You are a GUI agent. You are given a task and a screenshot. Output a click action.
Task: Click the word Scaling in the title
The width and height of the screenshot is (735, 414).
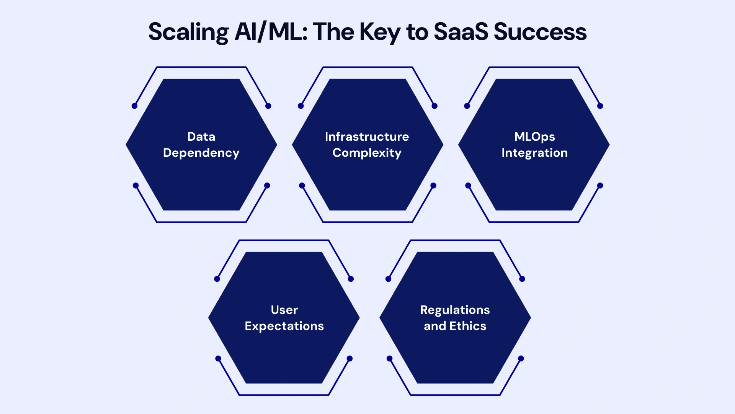pyautogui.click(x=188, y=32)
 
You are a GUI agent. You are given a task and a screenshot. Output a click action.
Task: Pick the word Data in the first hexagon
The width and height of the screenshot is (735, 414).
pyautogui.click(x=201, y=136)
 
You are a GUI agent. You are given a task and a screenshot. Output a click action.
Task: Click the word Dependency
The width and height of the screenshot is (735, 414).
pyautogui.click(x=201, y=153)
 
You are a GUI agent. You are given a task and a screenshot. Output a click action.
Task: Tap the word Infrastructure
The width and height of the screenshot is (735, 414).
pyautogui.click(x=367, y=136)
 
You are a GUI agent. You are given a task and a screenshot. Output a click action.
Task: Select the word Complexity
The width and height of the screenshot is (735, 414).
pyautogui.click(x=367, y=153)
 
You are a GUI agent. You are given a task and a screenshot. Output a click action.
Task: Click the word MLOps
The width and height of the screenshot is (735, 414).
pyautogui.click(x=534, y=136)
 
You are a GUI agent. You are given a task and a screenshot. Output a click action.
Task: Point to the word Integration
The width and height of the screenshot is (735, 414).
pyautogui.click(x=534, y=153)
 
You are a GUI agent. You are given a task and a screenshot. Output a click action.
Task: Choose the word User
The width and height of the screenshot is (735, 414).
pyautogui.click(x=284, y=310)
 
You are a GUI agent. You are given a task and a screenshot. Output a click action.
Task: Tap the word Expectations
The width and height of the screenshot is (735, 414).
pyautogui.click(x=284, y=326)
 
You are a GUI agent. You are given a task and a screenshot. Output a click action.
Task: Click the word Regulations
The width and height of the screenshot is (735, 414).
pyautogui.click(x=455, y=310)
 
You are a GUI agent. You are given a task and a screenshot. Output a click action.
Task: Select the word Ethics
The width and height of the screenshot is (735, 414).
pyautogui.click(x=468, y=326)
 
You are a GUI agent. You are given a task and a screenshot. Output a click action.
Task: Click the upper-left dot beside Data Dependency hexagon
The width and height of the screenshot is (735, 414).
pyautogui.click(x=134, y=106)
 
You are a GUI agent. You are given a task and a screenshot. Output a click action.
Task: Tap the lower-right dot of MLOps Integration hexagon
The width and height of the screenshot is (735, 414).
pyautogui.click(x=600, y=186)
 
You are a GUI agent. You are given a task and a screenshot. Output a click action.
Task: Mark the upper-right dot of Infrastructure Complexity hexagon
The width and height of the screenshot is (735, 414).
pyautogui.click(x=434, y=106)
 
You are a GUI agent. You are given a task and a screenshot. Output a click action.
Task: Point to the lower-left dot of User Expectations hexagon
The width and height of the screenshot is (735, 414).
pyautogui.click(x=218, y=358)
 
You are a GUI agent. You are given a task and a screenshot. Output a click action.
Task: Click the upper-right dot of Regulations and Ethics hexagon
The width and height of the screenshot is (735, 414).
pyautogui.click(x=522, y=279)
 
